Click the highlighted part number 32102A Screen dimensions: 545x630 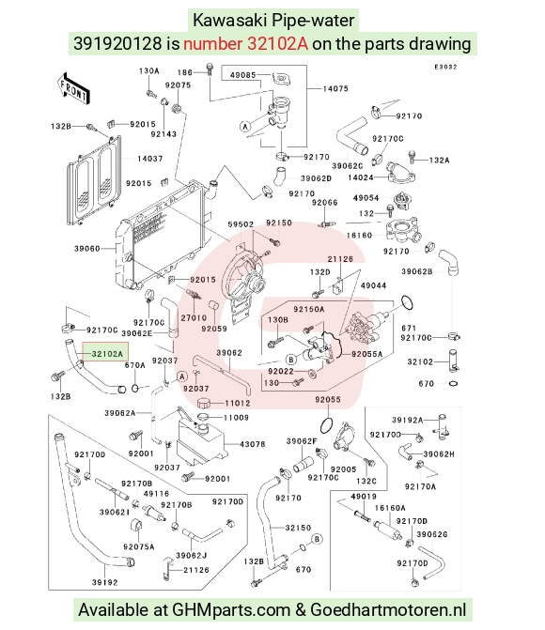[x=107, y=354]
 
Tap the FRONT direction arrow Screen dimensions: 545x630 [x=73, y=89]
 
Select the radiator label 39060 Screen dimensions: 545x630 [x=86, y=249]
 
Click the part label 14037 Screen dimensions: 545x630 [x=150, y=159]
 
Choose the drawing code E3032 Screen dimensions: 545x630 [x=445, y=67]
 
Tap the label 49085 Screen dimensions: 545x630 [x=243, y=75]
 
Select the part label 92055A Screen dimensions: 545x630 [x=366, y=354]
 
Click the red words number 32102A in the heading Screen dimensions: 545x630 [x=246, y=43]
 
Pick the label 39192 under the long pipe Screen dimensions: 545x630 [x=105, y=582]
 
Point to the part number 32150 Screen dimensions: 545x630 [x=298, y=528]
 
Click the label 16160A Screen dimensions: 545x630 [x=390, y=508]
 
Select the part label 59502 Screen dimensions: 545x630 [x=241, y=224]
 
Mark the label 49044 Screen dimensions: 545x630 [x=374, y=285]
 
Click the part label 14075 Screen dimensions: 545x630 [x=335, y=88]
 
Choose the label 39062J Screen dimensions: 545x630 [x=192, y=556]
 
